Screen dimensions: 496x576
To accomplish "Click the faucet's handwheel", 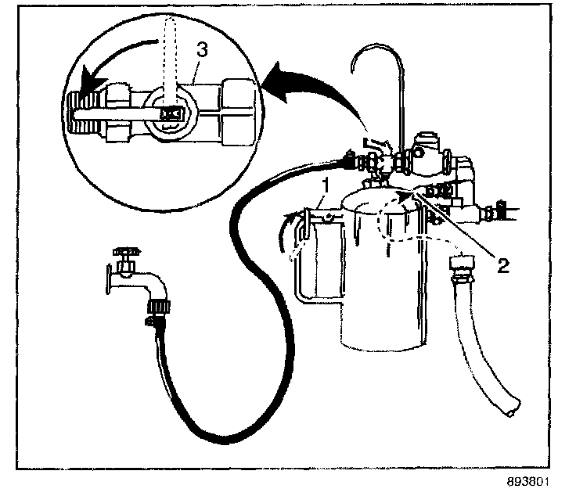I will (124, 252).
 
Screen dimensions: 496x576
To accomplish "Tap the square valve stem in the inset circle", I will (167, 115).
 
